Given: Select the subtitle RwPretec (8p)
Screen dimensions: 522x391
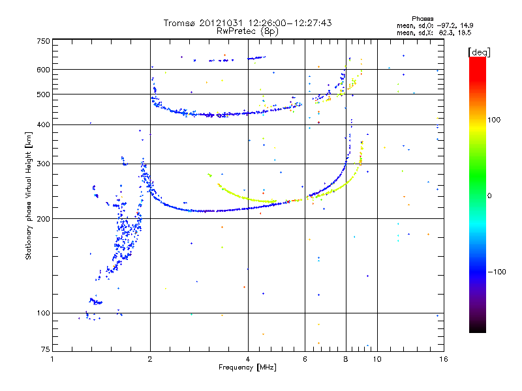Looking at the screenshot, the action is coord(247,31).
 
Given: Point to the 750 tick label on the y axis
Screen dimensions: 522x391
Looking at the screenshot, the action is coord(44,41).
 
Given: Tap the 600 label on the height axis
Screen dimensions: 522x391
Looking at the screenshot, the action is coord(44,70).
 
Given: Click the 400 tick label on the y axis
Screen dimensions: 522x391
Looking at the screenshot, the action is coord(44,125).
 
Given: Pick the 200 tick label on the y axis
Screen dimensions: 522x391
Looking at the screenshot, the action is coord(44,219).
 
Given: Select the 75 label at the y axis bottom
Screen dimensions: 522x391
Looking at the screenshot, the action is coord(46,349).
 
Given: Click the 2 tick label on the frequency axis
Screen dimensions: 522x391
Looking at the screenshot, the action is coord(150,359).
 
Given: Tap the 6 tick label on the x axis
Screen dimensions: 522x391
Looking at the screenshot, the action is coord(305,359).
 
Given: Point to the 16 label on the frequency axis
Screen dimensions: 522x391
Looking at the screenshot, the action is coord(444,359).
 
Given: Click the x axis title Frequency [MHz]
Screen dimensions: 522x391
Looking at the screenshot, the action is coord(247,368).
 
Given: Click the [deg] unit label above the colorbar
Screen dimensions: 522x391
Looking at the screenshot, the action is coord(479,52).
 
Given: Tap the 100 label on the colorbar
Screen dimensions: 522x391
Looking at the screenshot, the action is coord(494,120).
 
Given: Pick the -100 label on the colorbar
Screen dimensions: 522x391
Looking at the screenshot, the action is coord(497,272).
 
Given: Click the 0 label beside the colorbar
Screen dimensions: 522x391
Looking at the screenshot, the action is coord(490,196).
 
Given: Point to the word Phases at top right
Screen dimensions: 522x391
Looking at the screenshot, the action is coord(423,19).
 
